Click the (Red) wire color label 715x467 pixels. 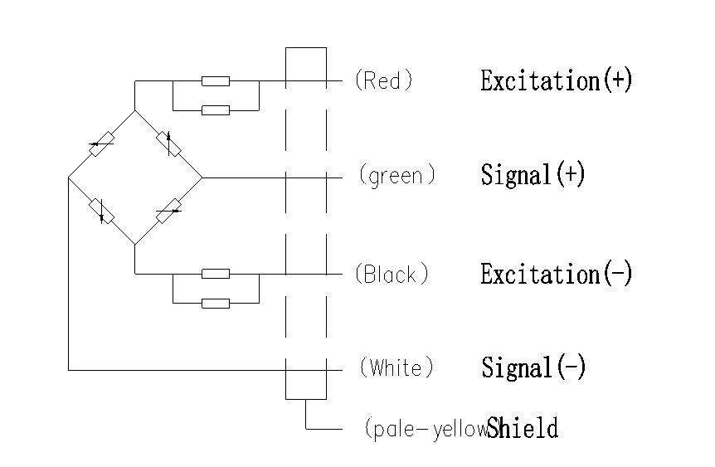[382, 80]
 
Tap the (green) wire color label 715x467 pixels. [396, 176]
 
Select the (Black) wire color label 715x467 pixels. [391, 274]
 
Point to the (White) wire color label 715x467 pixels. [396, 367]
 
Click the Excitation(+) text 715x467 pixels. [556, 80]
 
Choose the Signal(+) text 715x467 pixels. [533, 175]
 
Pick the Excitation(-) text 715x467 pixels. [556, 274]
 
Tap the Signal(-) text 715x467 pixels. [533, 367]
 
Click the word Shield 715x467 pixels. [523, 428]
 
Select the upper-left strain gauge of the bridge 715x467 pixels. [100, 144]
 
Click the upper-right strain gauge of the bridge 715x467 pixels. [171, 144]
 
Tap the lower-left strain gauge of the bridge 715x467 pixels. [101, 212]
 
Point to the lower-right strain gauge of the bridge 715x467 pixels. [169, 211]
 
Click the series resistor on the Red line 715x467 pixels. [216, 81]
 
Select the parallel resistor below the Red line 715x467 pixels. [216, 109]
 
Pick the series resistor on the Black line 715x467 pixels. [216, 274]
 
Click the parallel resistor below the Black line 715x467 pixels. [216, 303]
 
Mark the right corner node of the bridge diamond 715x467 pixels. [203, 178]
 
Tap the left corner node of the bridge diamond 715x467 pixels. [68, 178]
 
